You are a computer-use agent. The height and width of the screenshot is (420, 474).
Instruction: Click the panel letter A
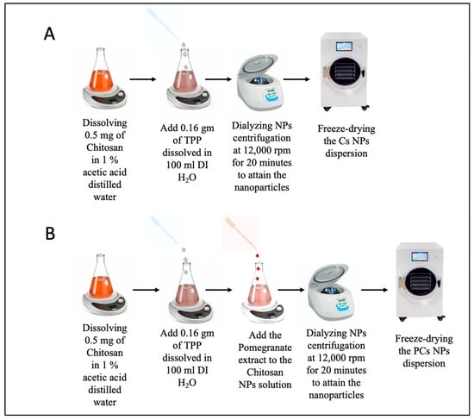coord(49,34)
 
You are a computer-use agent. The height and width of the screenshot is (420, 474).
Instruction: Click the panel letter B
coord(50,234)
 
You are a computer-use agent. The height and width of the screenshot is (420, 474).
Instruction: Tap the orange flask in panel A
coord(102,70)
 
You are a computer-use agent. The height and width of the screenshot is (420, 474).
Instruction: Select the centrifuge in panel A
coord(260,82)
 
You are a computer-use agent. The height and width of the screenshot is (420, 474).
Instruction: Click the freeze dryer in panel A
coord(345,72)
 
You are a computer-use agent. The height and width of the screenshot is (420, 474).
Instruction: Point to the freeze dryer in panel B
coord(421,282)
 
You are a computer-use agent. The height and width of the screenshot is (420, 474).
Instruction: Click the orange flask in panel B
coord(102,276)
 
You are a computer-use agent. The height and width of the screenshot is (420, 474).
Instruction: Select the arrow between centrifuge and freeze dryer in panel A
coord(296,79)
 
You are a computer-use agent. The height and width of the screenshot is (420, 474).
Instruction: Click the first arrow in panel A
coord(143,79)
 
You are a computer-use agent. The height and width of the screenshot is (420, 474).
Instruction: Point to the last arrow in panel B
coord(374,290)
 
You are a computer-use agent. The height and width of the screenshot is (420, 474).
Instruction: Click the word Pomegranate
coord(265,348)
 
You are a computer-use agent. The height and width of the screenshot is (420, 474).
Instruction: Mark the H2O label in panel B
coord(187,383)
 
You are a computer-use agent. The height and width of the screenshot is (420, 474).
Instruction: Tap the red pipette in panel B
coord(240,234)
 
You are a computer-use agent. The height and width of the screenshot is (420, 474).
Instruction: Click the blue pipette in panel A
coord(163,25)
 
